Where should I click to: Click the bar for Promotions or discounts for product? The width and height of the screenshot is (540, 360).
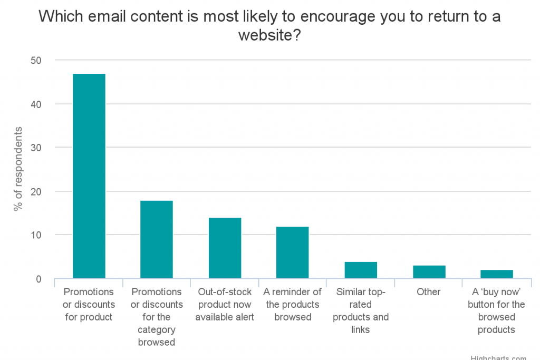pos(89,176)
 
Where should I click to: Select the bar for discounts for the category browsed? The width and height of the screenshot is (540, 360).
pos(157,239)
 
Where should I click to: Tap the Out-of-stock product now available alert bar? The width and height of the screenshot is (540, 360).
pos(225,248)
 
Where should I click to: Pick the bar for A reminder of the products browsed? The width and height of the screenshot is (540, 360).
pos(293,252)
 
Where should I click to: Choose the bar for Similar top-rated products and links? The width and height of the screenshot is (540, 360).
pos(361,270)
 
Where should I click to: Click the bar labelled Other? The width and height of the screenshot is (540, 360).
pos(429,272)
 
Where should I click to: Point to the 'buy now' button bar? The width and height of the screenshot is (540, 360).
pos(497,274)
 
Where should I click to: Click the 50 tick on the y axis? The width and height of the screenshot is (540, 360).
pos(36,61)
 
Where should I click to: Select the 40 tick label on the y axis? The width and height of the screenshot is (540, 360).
pos(36,104)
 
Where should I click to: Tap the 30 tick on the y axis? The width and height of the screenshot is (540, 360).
pos(36,148)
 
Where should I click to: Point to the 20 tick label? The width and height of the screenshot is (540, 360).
pos(36,191)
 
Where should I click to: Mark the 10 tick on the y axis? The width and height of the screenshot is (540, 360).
pos(36,235)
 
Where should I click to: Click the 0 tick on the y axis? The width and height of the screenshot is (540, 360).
pos(38,279)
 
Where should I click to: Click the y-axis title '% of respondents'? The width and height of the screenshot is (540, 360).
pos(18,169)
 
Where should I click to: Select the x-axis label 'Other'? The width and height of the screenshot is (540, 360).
pos(429,292)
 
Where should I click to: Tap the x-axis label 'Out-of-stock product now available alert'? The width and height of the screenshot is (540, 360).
pos(225,304)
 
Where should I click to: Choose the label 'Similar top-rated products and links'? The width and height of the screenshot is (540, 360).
pos(361,311)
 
